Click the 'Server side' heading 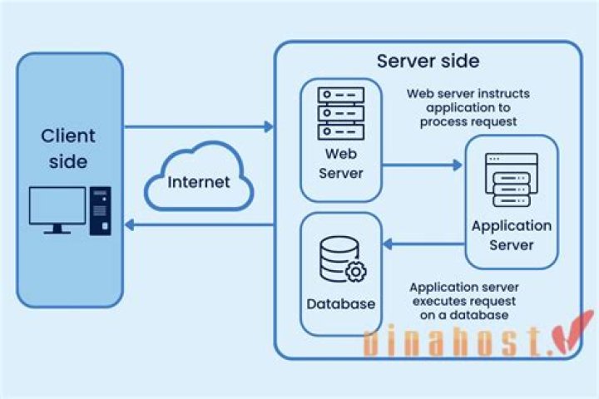coord(428,62)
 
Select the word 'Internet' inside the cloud coord(198,182)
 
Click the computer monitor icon coord(57,209)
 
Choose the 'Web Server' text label coord(340,162)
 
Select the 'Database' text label coord(341,304)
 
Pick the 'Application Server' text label coord(511,234)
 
